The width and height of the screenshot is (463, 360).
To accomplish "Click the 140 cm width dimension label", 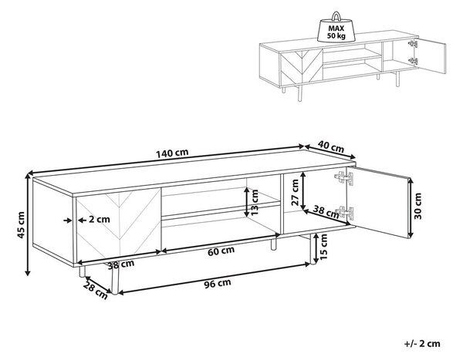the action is coord(172,153).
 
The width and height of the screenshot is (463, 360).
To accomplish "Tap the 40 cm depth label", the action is coord(331,146).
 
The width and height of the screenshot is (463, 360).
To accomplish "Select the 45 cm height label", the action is coord(21,225).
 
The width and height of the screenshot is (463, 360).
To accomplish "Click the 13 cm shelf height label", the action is coord(254,203).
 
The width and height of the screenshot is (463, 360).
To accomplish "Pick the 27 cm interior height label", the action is coord(295,193).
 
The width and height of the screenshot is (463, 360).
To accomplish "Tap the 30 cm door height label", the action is coord(417,206).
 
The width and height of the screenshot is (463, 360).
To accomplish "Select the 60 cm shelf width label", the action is coord(221,251).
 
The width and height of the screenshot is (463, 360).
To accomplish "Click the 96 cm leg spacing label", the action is coord(218,283).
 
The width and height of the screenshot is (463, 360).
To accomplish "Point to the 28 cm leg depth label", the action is coord(96,291).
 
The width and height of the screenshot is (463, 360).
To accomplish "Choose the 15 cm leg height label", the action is coord(323,247).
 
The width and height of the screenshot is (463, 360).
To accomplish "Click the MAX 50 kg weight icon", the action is coord(336,27).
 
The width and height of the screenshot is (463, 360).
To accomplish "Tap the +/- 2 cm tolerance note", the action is coord(422,344).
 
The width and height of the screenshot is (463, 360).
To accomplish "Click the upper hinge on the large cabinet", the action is coord(343,178).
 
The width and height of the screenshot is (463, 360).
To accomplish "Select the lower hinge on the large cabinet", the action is coord(344,212).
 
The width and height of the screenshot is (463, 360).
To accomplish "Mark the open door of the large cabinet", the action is coord(381,202).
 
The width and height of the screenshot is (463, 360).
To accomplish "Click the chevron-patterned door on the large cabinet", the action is coord(119,225).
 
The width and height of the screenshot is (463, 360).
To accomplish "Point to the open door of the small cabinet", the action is coord(431,56).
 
